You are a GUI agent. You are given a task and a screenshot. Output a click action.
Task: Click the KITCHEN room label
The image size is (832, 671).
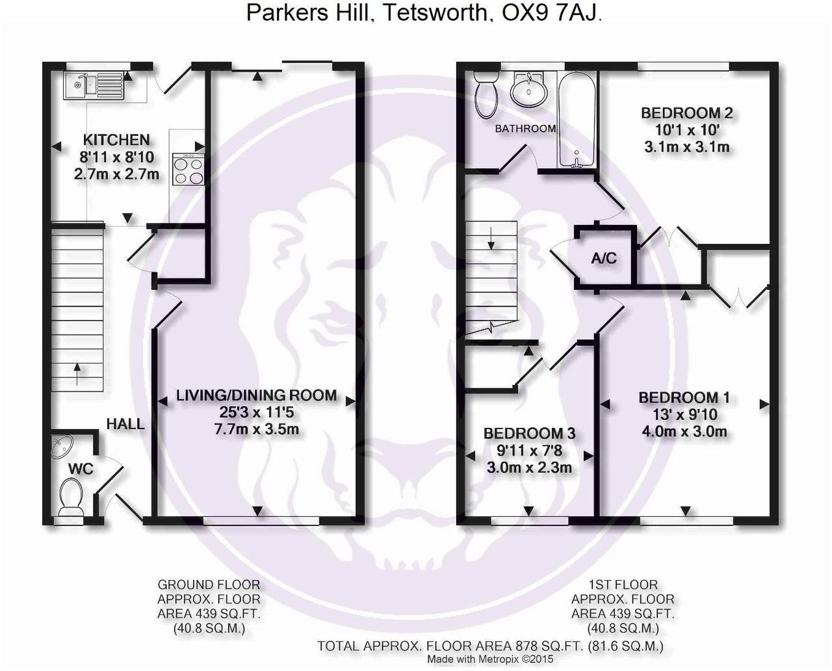116,139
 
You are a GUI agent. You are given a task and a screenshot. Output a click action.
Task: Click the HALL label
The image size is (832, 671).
125,425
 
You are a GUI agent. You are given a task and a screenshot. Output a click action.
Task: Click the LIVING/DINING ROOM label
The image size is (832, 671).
257,395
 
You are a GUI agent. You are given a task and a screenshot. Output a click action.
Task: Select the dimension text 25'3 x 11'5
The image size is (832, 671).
257,412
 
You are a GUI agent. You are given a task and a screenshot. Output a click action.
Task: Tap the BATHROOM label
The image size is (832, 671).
525,129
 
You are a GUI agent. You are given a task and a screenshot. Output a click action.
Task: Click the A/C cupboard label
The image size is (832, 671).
604,258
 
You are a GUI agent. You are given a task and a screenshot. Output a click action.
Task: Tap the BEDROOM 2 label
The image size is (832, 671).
686,113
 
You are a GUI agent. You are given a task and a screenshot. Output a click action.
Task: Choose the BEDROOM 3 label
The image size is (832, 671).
529,433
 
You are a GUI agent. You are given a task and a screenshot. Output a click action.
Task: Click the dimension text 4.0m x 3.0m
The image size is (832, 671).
684,431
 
